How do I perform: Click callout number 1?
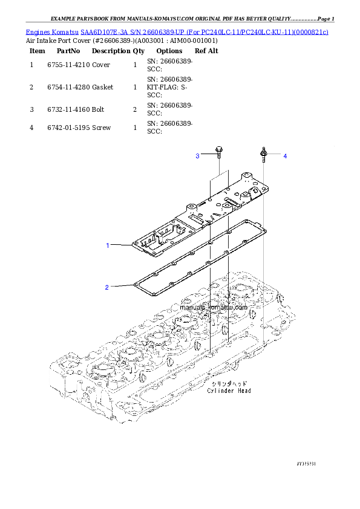(108, 245)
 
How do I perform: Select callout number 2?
(106, 287)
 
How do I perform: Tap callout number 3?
(197, 156)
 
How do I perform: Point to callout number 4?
(285, 156)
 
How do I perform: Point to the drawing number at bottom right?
(307, 463)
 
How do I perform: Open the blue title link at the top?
(177, 31)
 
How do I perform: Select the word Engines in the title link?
(37, 31)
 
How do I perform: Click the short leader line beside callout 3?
(207, 155)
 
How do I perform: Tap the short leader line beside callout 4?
(275, 155)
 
